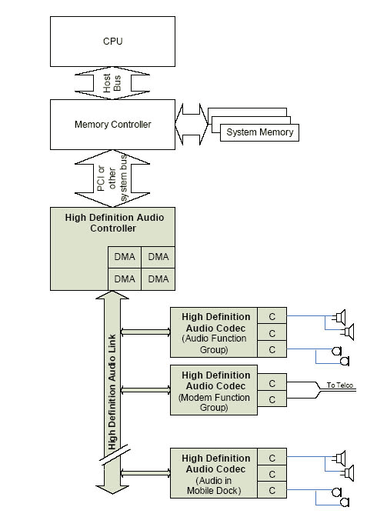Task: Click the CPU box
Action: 112,42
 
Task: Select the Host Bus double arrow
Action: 112,83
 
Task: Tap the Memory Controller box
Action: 112,125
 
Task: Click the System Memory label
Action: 259,132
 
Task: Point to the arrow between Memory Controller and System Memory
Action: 192,125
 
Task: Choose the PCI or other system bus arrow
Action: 112,178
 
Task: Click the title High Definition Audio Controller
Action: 114,223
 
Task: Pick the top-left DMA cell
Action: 125,257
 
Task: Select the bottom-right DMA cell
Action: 158,279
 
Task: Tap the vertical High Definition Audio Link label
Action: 112,392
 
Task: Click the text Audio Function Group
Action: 214,344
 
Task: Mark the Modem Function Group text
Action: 214,402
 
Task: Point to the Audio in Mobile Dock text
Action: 214,485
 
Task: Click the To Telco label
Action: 340,385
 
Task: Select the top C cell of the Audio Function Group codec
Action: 272,316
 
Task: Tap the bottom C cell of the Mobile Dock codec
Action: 272,490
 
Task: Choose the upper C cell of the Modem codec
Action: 272,383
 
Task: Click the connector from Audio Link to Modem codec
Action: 145,390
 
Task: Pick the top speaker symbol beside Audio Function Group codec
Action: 339,317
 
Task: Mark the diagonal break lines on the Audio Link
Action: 115,455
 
